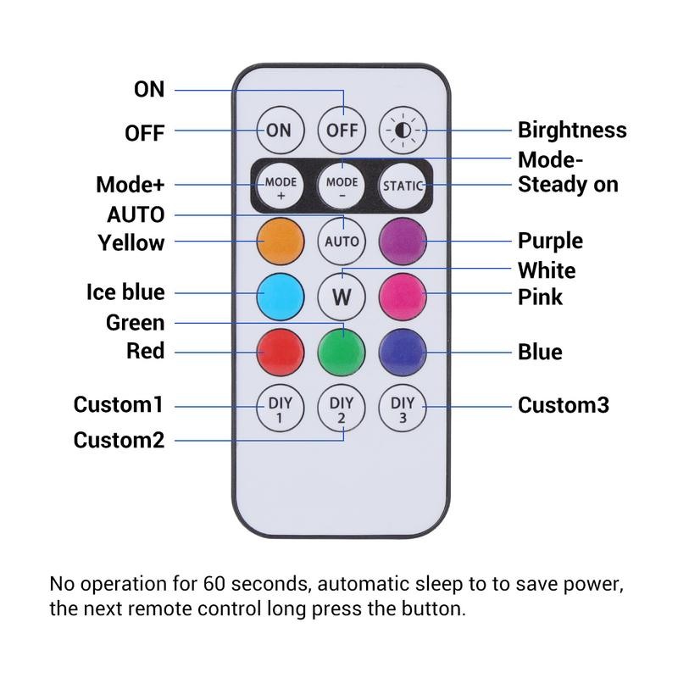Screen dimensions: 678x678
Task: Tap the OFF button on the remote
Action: point(342,131)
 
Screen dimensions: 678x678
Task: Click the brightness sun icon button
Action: point(403,131)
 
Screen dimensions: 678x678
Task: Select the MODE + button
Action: point(281,186)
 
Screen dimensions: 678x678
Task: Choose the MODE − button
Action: point(342,186)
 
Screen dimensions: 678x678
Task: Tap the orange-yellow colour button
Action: point(281,241)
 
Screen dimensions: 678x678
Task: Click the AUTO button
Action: point(342,241)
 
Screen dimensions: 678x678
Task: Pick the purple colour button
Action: point(403,241)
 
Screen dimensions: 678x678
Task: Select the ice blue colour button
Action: point(281,296)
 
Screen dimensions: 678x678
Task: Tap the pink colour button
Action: point(403,296)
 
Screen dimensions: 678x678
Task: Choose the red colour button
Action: point(281,351)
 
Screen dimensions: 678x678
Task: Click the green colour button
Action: point(342,351)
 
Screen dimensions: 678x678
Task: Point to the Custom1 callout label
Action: point(118,404)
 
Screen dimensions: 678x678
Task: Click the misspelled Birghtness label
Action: point(572,131)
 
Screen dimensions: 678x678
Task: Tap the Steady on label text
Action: point(568,184)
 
